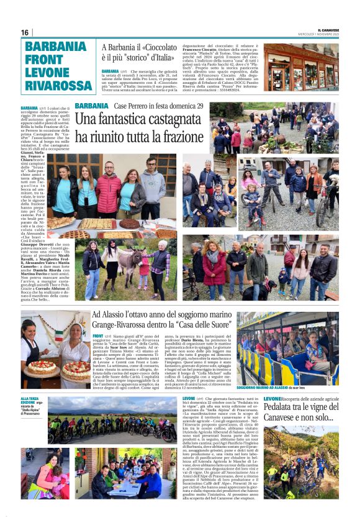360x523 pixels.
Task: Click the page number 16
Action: click(x=25, y=32)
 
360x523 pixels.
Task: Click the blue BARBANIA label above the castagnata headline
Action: click(x=91, y=106)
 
